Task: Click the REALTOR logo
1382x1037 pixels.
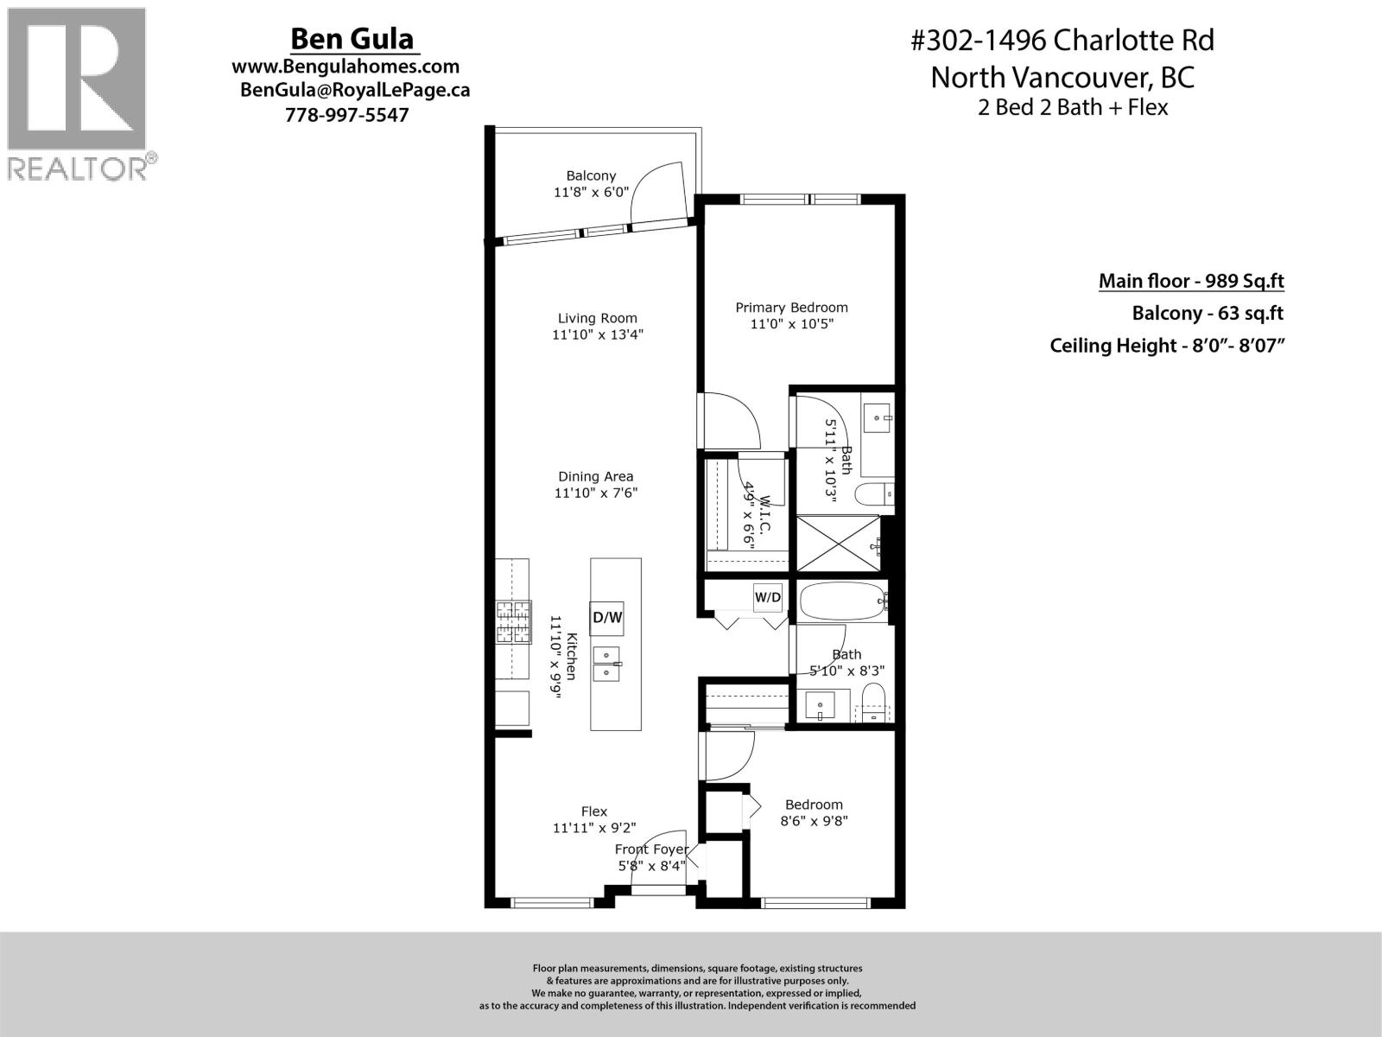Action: pos(79,93)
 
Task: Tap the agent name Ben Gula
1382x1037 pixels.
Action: pos(352,39)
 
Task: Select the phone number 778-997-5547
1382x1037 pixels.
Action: pos(346,115)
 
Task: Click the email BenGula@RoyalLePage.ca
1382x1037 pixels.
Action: pos(354,90)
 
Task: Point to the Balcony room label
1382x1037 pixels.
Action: pos(591,176)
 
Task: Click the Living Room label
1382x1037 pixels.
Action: pos(597,318)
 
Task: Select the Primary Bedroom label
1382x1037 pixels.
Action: pos(791,308)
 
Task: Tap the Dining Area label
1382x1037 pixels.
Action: pos(595,476)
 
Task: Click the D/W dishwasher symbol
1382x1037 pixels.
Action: pos(606,618)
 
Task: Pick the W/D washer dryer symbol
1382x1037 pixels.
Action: pos(768,597)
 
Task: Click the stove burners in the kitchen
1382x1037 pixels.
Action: pos(512,622)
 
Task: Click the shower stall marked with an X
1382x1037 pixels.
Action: pos(836,543)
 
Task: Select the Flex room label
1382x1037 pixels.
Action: pos(594,811)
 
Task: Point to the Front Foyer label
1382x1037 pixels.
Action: pos(651,849)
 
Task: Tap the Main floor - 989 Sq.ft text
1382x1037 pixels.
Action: pos(1191,281)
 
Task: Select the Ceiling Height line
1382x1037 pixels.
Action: pos(1162,346)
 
